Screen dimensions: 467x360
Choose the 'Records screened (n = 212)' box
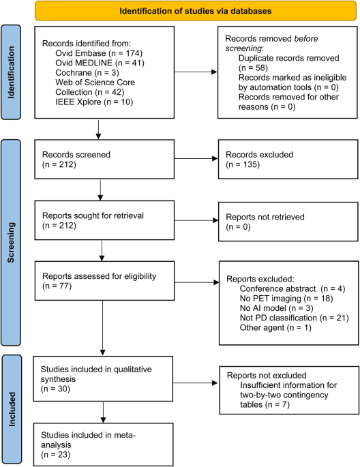pyautogui.click(x=100, y=158)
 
